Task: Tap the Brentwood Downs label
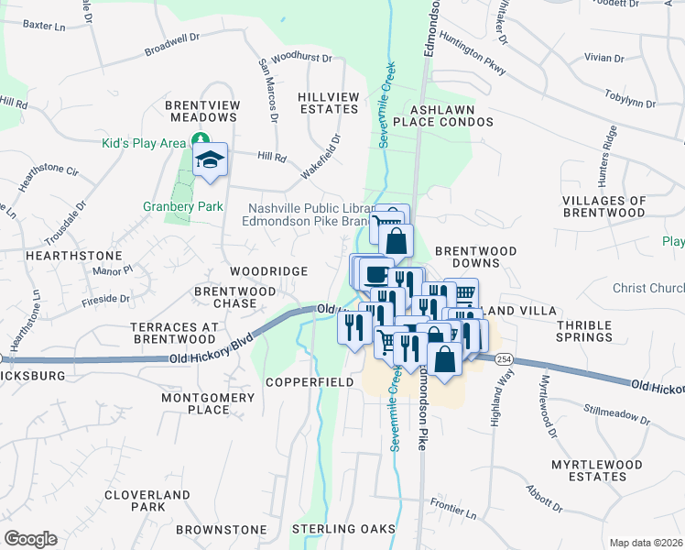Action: (475, 256)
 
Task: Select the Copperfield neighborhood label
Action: (309, 381)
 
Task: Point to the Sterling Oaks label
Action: (343, 529)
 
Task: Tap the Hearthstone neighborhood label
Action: (60, 255)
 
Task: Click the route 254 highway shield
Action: (504, 360)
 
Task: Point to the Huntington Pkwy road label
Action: (473, 53)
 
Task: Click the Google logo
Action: (30, 538)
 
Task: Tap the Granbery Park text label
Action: (183, 206)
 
